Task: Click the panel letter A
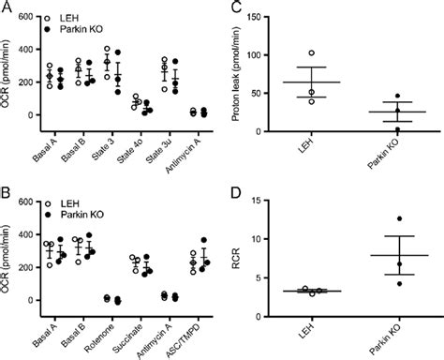pyautogui.click(x=7, y=7)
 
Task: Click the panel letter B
pyautogui.click(x=7, y=193)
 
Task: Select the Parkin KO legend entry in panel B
pyautogui.click(x=84, y=214)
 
